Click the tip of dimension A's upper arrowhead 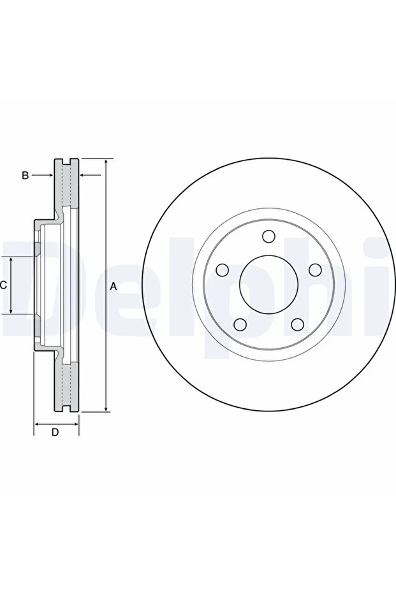point(106,159)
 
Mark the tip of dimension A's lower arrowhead point(106,411)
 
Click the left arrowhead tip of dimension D point(34,424)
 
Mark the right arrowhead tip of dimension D point(78,424)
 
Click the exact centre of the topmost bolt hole point(269,236)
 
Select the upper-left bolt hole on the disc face point(222,270)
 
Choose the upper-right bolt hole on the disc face point(316,270)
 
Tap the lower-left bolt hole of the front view point(240,324)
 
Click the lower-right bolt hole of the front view point(298,324)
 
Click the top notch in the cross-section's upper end point(66,162)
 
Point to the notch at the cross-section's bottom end point(66,408)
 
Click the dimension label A point(113,287)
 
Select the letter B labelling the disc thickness point(25,176)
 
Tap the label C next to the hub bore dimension point(3,285)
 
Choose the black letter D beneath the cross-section point(55,432)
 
